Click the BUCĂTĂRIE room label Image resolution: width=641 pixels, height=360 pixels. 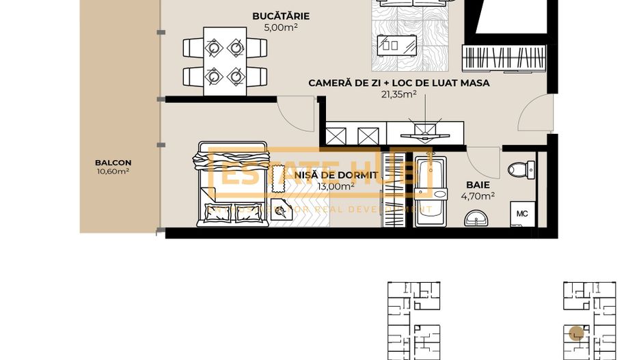(x=280, y=16)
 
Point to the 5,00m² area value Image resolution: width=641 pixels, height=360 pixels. (x=280, y=28)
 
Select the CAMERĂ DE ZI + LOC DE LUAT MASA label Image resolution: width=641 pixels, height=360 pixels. (x=398, y=83)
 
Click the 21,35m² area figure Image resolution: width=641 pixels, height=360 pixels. (x=398, y=95)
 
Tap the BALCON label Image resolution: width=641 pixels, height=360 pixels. (x=113, y=163)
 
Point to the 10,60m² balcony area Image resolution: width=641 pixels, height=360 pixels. (x=113, y=171)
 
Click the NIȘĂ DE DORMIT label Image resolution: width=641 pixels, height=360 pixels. (x=336, y=175)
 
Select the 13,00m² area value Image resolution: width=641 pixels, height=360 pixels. (x=336, y=186)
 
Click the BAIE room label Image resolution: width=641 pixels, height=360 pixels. (x=478, y=184)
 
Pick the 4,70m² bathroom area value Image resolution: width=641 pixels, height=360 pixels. (x=478, y=196)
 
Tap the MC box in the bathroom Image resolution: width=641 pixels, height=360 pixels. (x=522, y=214)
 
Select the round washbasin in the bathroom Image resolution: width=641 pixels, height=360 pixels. (x=477, y=219)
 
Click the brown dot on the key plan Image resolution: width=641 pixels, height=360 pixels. (x=577, y=333)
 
